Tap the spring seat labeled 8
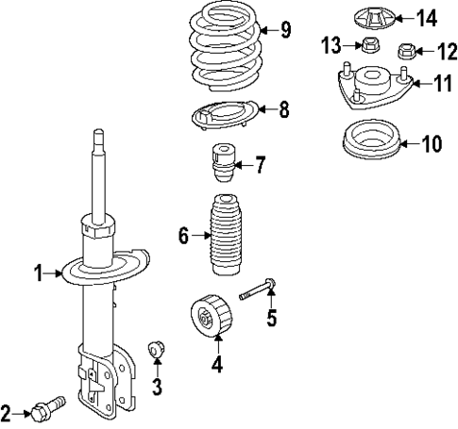coord(223,116)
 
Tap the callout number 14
coord(427,17)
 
